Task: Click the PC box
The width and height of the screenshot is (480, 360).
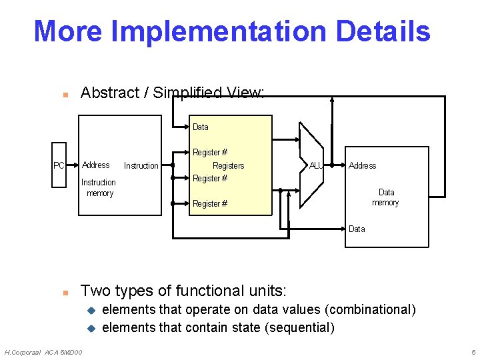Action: click(x=59, y=165)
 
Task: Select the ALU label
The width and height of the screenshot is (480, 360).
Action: click(x=316, y=165)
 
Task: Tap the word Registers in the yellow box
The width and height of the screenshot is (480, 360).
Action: click(x=228, y=165)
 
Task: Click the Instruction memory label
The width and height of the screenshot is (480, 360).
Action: click(x=99, y=187)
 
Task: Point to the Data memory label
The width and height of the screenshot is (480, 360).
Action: click(x=385, y=197)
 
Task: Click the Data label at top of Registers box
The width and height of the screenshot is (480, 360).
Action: click(x=200, y=127)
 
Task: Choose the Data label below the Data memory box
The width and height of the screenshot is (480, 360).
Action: click(x=357, y=229)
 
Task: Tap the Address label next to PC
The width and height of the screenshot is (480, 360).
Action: click(x=96, y=165)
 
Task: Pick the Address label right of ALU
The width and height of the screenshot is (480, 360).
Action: click(x=362, y=165)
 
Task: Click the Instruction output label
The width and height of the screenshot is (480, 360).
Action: click(x=141, y=165)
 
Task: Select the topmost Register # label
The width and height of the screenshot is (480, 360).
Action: click(x=209, y=153)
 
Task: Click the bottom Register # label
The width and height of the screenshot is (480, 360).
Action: click(x=209, y=204)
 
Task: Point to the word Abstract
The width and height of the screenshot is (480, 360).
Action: click(x=109, y=93)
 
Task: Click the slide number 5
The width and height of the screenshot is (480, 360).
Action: click(x=473, y=352)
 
